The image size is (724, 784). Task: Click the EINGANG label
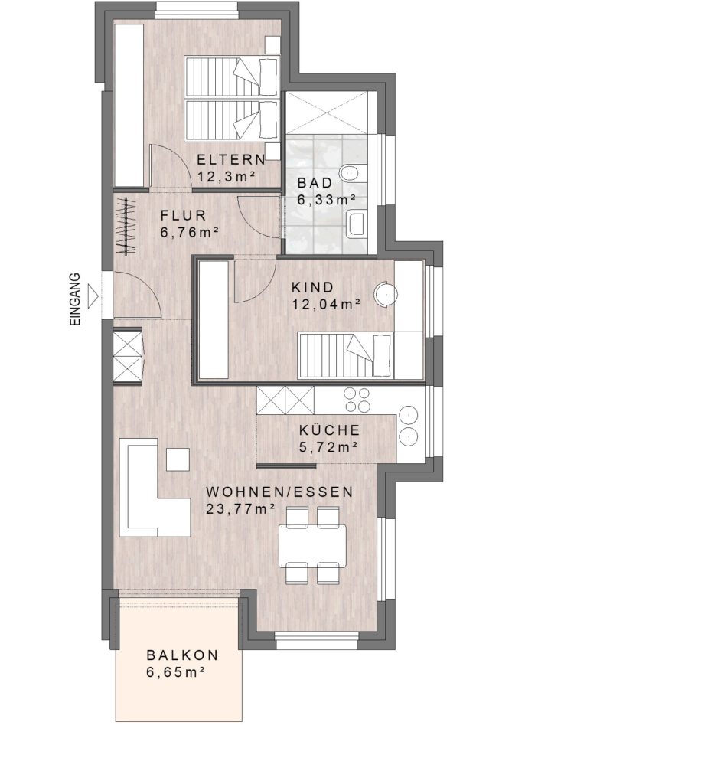(x=74, y=299)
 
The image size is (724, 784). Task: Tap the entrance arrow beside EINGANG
(x=93, y=296)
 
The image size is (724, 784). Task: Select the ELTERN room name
(x=231, y=159)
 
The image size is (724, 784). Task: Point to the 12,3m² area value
(x=227, y=177)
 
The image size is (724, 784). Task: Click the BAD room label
(x=315, y=182)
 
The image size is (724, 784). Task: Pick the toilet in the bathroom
(x=349, y=172)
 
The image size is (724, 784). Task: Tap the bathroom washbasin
(x=357, y=224)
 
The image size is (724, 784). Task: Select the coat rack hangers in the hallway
(x=126, y=226)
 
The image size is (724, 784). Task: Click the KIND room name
(x=313, y=288)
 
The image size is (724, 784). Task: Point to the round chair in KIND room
(x=386, y=294)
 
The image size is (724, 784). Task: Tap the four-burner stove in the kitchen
(x=357, y=400)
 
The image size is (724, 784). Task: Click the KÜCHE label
(x=330, y=430)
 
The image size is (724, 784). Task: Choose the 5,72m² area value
(x=328, y=447)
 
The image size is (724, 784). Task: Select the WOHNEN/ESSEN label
(x=280, y=492)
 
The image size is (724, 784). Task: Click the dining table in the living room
(x=313, y=544)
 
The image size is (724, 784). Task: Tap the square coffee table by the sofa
(x=178, y=459)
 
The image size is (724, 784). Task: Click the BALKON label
(x=182, y=655)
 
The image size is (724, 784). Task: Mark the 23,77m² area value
(x=241, y=509)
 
